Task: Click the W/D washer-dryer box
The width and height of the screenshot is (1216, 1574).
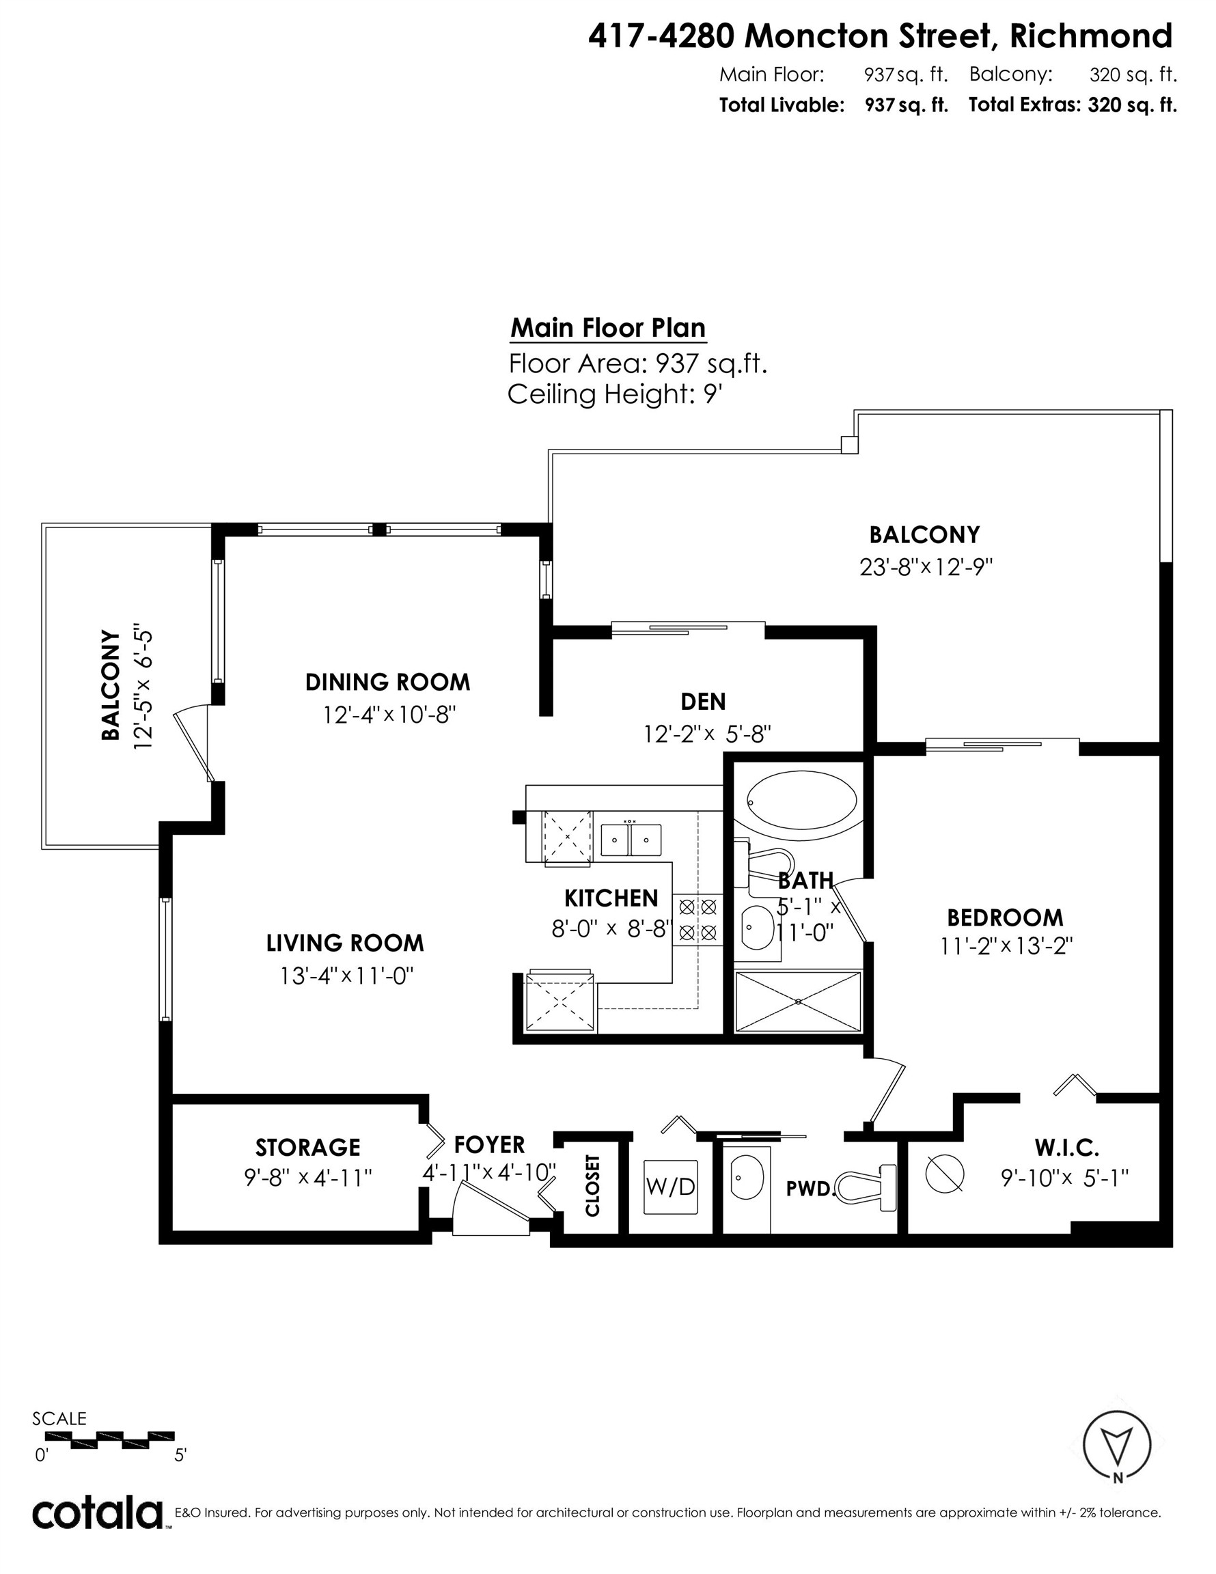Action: point(670,1186)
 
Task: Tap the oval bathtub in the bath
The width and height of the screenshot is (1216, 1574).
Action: point(801,801)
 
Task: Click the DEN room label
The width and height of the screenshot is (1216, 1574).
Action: point(703,701)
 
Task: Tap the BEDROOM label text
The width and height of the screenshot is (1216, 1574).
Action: point(1005,917)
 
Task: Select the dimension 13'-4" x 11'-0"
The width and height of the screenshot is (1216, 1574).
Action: point(347,976)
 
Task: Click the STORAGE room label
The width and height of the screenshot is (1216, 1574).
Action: point(308,1147)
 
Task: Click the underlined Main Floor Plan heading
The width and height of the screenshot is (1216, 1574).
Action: point(607,329)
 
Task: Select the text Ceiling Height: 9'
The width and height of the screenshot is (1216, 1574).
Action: point(614,394)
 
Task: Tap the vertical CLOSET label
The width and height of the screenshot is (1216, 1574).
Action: point(592,1185)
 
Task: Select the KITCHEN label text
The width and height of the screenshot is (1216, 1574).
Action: point(611,898)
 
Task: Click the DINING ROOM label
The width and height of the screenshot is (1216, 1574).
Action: point(388,682)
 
